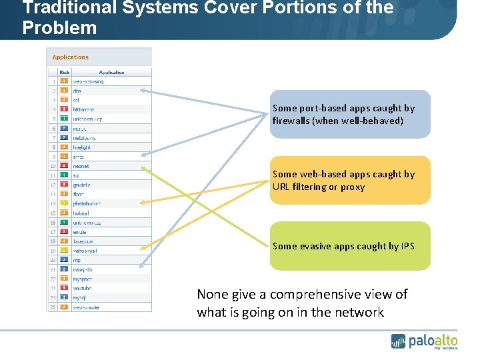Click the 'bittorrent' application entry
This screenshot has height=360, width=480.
83,109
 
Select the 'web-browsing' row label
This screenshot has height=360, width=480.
88,81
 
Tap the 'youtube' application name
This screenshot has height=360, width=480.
83,288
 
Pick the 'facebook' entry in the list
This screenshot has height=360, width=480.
83,241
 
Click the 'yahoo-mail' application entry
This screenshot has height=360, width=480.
85,251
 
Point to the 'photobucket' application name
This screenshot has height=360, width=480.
87,203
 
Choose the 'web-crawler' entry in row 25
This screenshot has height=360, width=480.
87,307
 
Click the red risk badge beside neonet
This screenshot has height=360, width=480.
64,166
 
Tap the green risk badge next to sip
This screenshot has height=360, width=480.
64,175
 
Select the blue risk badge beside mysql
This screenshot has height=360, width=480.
64,297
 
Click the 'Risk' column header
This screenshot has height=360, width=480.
65,72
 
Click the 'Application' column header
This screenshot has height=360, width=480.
111,72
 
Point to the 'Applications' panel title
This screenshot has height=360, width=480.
71,57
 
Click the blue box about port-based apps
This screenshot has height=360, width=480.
350,114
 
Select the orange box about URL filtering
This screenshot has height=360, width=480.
350,180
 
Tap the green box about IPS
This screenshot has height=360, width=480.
350,246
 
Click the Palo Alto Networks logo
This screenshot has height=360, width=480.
424,341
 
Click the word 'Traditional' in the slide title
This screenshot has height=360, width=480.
61,9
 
